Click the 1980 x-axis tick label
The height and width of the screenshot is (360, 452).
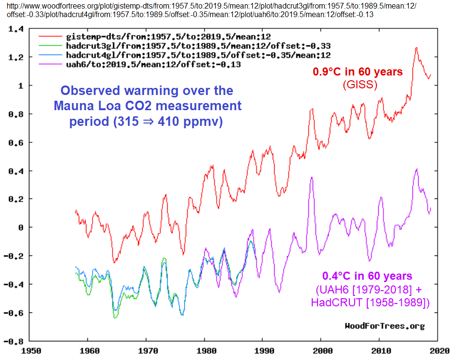tap(204, 351)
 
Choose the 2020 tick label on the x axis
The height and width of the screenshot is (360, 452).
tap(437, 351)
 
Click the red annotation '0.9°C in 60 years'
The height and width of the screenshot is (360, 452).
tap(357, 72)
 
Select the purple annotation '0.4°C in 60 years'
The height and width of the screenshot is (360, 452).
tap(367, 276)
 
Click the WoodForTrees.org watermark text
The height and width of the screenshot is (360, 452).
tap(384, 326)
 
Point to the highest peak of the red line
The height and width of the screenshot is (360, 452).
tap(416, 47)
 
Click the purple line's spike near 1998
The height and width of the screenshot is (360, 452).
tap(312, 178)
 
